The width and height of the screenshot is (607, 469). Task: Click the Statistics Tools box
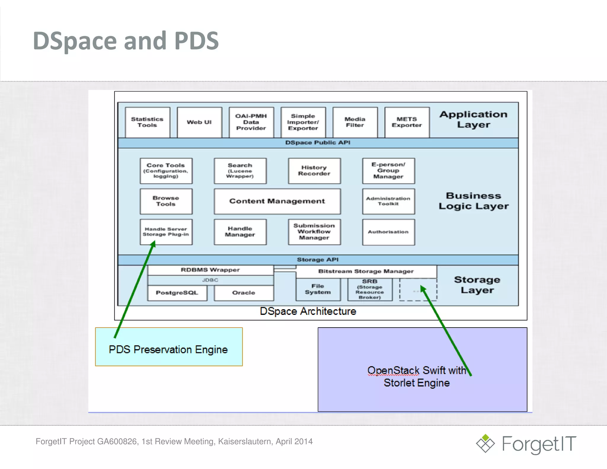(147, 122)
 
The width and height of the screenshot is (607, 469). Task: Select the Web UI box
(199, 122)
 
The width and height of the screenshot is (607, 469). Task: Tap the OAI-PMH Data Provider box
(251, 122)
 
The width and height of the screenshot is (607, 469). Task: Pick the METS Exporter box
(407, 122)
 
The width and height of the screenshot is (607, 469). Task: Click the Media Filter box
(355, 122)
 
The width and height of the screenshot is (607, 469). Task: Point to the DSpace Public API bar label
(318, 143)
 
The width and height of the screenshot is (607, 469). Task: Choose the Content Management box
(277, 201)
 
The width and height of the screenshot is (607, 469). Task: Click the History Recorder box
(314, 171)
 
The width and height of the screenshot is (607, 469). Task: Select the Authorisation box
(388, 232)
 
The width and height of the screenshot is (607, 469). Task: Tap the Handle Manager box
(240, 232)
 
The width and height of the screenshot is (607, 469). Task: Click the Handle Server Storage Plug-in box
(166, 232)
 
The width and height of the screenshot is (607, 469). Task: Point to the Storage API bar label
(318, 260)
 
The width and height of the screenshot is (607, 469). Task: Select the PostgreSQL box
(177, 293)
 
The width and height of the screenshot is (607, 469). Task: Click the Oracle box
(244, 293)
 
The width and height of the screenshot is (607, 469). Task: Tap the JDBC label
(210, 280)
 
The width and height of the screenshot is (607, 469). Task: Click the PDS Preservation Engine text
(168, 350)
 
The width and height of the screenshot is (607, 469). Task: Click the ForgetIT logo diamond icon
(485, 444)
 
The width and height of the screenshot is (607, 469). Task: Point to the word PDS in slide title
(197, 41)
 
